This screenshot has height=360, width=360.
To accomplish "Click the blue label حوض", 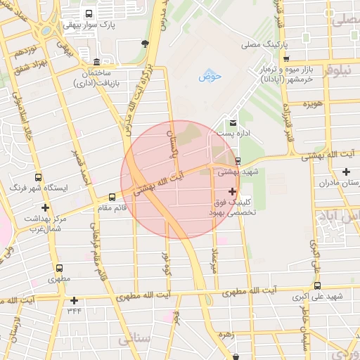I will click(x=209, y=76).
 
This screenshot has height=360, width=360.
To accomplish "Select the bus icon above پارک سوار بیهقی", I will click(x=88, y=13).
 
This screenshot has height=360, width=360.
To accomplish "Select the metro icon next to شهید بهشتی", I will click(x=237, y=160).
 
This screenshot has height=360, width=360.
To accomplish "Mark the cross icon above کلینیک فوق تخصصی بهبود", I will click(x=233, y=191).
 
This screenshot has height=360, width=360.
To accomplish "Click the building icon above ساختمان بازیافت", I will click(x=96, y=62).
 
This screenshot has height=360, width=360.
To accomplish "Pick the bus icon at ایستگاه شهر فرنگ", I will click(x=38, y=177).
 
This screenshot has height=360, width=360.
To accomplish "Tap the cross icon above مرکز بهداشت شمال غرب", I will click(x=46, y=207).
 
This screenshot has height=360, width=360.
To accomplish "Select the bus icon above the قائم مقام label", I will click(x=111, y=197).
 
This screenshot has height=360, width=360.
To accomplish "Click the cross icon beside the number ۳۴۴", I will click(x=74, y=301).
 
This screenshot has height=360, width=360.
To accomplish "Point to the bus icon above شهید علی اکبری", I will click(x=318, y=285).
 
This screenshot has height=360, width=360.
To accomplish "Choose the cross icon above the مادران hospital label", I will click(x=346, y=172).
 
